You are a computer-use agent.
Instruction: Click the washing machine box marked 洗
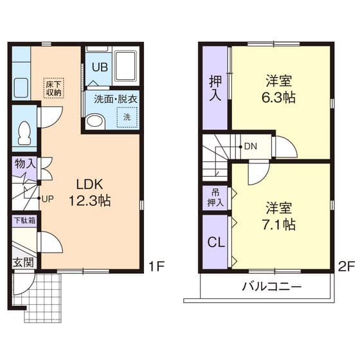point(127,117)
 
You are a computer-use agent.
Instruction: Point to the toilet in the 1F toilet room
point(24,134)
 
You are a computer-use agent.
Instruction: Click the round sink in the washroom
point(95,120)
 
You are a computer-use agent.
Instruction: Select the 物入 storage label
point(24,164)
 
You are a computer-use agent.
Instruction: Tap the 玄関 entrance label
point(22,262)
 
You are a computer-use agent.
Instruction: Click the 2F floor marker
point(346,265)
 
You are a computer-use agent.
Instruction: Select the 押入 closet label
point(215,88)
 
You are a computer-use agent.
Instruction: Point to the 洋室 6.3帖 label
point(279,89)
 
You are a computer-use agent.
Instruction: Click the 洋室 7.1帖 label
point(279,217)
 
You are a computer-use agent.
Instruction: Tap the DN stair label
point(250,146)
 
